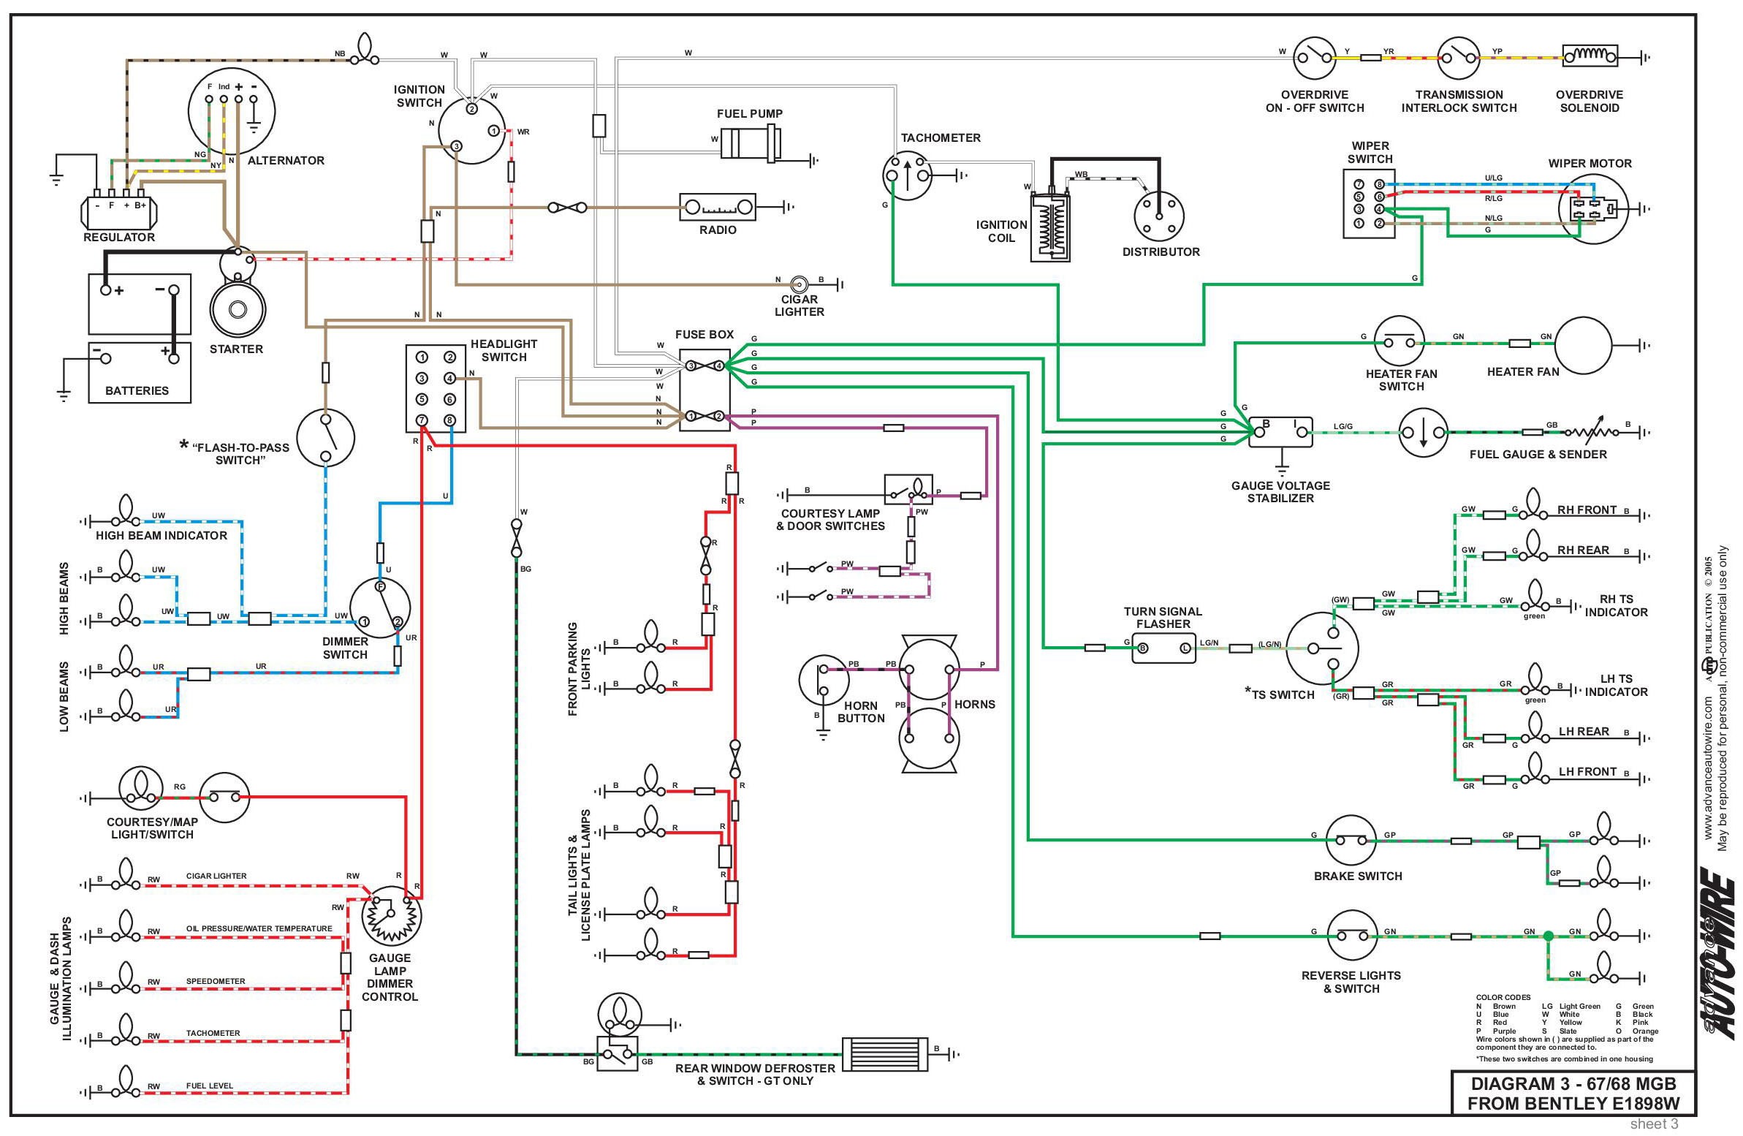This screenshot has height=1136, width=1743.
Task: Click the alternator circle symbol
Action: click(x=232, y=112)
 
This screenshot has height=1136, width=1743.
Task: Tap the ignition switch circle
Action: click(x=472, y=131)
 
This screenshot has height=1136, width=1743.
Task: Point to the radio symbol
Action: click(x=718, y=208)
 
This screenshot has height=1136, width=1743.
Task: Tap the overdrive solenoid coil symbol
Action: click(x=1590, y=56)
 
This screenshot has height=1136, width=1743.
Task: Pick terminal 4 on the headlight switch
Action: click(x=449, y=378)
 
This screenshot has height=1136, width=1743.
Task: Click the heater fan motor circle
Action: click(x=1584, y=344)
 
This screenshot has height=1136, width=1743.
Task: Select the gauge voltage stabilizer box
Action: click(x=1281, y=432)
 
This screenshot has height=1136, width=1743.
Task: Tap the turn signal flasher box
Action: click(x=1163, y=648)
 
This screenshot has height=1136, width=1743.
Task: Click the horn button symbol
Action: click(x=823, y=681)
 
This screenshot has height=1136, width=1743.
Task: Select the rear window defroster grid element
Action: click(x=885, y=1054)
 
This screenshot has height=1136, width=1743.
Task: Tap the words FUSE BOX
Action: click(x=704, y=335)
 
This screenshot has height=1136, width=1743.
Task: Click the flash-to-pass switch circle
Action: click(x=326, y=437)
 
